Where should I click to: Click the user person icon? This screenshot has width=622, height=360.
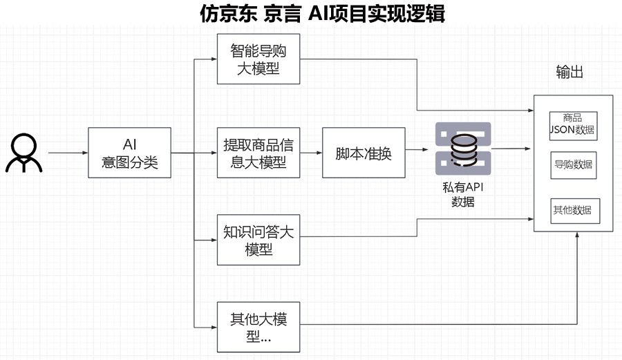(x=23, y=153)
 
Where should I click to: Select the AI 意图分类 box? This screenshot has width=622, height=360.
(x=129, y=153)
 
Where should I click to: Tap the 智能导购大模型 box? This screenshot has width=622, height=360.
(x=258, y=59)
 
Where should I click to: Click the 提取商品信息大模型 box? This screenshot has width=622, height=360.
(x=258, y=153)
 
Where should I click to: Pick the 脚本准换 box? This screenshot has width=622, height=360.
(x=364, y=153)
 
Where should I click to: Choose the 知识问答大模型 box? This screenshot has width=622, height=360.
(x=258, y=240)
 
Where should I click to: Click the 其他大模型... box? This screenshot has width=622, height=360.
(x=258, y=328)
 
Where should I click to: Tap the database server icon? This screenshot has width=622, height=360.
(x=463, y=149)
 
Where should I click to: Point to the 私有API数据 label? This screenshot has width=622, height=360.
(x=463, y=195)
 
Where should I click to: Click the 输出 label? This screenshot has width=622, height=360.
(x=569, y=72)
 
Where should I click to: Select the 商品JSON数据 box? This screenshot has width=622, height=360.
(x=573, y=125)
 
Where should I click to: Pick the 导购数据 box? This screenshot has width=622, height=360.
(x=573, y=165)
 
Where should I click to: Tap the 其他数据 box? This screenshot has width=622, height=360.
(x=573, y=210)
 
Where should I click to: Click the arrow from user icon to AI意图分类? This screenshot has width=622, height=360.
(x=68, y=153)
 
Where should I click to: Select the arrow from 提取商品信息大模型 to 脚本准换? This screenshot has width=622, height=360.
(x=310, y=153)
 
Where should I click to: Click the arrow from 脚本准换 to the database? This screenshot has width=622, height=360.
(x=416, y=149)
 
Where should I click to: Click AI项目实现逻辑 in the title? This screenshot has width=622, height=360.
(x=373, y=13)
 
